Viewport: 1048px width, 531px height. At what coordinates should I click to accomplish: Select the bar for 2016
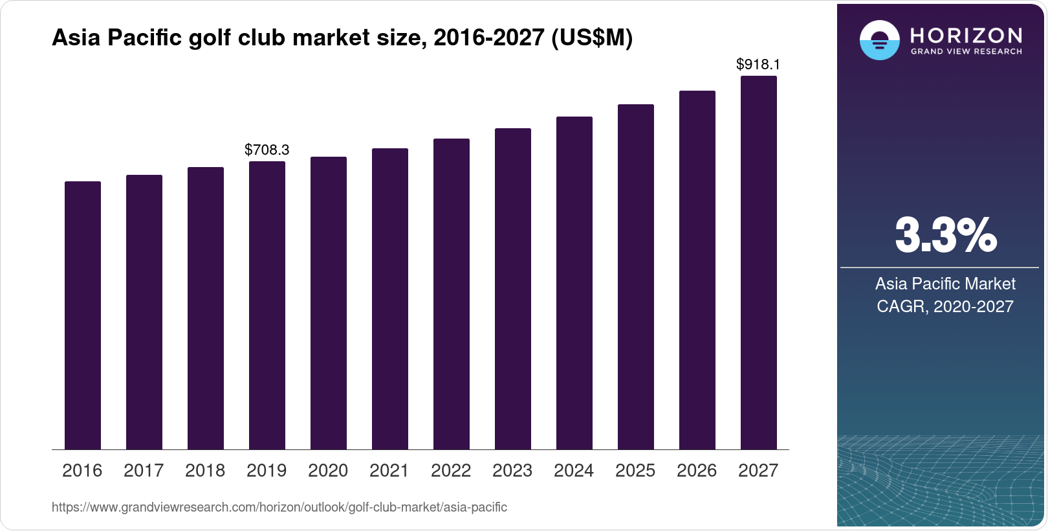pyautogui.click(x=83, y=315)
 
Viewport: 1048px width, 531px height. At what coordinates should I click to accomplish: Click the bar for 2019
pyautogui.click(x=267, y=305)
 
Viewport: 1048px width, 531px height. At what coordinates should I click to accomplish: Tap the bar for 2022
pyautogui.click(x=452, y=294)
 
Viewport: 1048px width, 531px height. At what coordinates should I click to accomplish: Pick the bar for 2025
pyautogui.click(x=636, y=277)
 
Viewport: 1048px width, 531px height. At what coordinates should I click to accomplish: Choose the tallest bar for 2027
pyautogui.click(x=759, y=262)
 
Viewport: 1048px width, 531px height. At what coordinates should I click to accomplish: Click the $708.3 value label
pyautogui.click(x=267, y=150)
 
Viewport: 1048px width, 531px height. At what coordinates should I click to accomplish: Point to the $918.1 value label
pyautogui.click(x=758, y=65)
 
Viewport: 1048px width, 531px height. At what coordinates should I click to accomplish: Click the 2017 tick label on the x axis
pyautogui.click(x=144, y=471)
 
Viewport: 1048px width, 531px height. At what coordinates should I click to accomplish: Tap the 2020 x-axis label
pyautogui.click(x=328, y=471)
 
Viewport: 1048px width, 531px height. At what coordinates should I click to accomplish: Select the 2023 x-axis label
pyautogui.click(x=512, y=471)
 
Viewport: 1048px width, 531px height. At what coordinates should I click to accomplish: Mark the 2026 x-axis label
pyautogui.click(x=697, y=471)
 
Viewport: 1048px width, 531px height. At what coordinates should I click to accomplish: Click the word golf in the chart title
pyautogui.click(x=210, y=38)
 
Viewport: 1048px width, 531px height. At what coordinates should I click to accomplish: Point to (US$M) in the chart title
pyautogui.click(x=591, y=38)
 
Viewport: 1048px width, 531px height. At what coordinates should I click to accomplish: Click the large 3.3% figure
pyautogui.click(x=946, y=236)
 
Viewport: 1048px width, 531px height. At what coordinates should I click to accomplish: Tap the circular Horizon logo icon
pyautogui.click(x=879, y=40)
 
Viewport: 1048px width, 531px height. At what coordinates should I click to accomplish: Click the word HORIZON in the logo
pyautogui.click(x=966, y=35)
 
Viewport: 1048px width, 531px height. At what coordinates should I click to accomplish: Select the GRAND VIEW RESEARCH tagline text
pyautogui.click(x=966, y=52)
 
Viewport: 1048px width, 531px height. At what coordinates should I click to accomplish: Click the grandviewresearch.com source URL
pyautogui.click(x=279, y=508)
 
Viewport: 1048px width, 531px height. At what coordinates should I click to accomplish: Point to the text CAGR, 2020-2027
pyautogui.click(x=945, y=306)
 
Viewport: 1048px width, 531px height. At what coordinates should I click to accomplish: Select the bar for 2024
pyautogui.click(x=574, y=283)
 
